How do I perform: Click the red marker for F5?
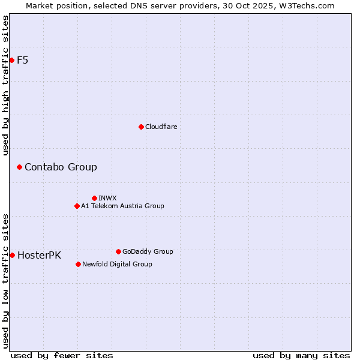tap(11, 60)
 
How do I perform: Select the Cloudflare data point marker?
tap(141, 127)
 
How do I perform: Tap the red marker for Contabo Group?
tap(19, 167)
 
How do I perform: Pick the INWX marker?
tap(94, 198)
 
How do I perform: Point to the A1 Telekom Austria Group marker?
tap(77, 206)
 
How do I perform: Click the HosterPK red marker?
tap(12, 255)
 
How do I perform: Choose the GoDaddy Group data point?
tap(118, 251)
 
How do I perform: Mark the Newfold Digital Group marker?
tap(78, 264)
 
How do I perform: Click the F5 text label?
tap(23, 60)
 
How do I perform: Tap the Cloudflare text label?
tap(161, 127)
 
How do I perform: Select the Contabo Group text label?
tap(61, 167)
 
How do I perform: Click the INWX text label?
tap(107, 198)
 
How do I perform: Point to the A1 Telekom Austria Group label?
tap(122, 206)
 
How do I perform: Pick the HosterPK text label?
tap(39, 255)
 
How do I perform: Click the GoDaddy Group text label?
tap(148, 251)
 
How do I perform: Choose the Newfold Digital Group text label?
tap(117, 264)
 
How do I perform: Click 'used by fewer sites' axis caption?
tap(62, 355)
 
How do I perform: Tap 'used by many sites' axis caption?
tap(301, 355)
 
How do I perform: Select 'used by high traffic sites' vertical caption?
tap(5, 85)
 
